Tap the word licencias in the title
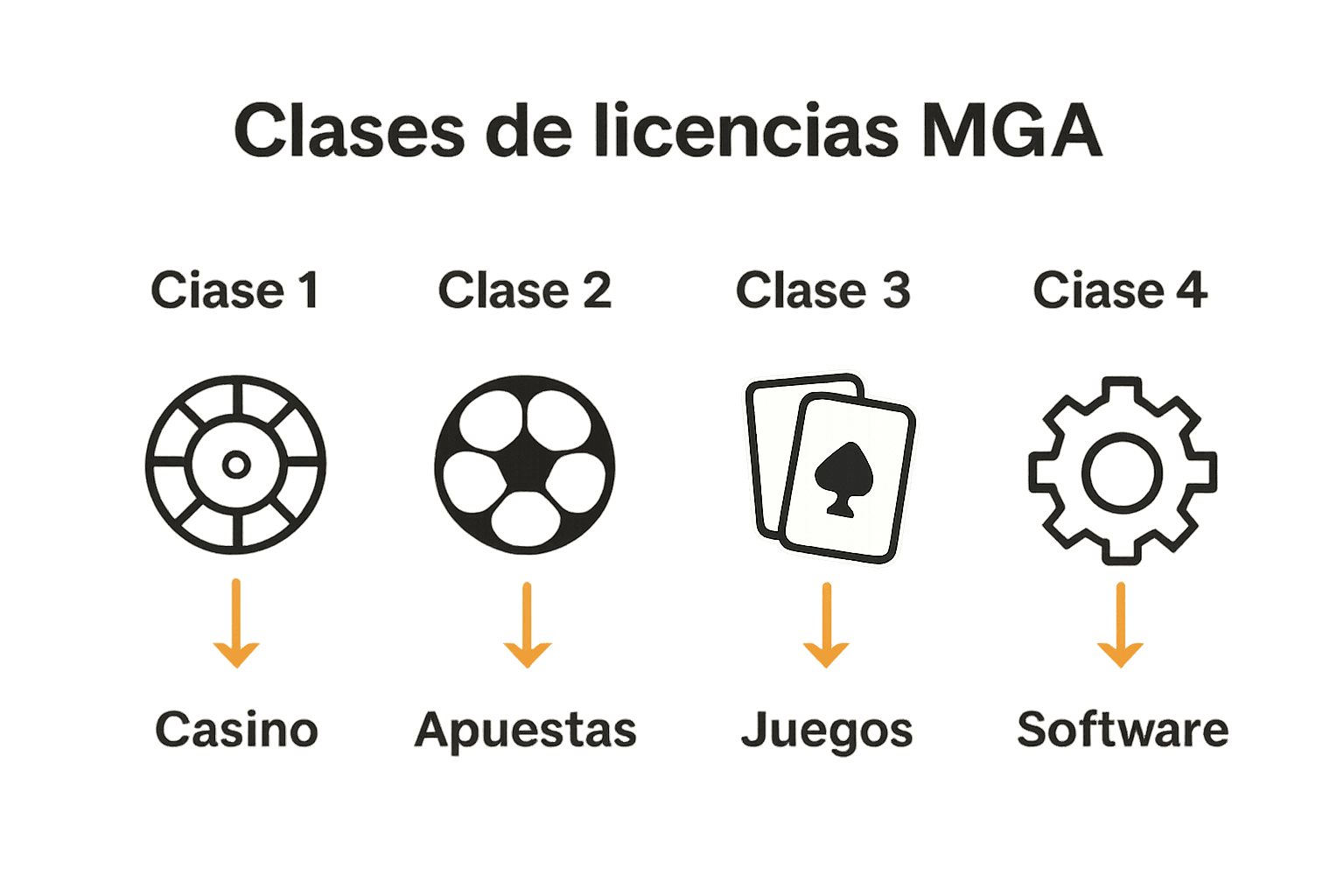745,131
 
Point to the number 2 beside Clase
597,290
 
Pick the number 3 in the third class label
895,290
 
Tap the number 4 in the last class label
1192,290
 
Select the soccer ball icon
525,465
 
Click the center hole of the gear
1122,472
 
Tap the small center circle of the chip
235,465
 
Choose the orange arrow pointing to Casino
236,625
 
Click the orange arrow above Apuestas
527,626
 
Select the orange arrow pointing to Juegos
826,626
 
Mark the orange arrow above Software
1120,626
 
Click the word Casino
236,730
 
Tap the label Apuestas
526,731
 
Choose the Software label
1123,730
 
